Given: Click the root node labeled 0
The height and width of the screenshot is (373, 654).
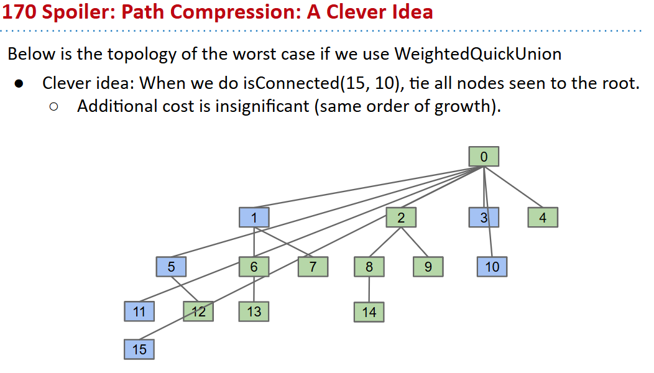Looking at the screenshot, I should pyautogui.click(x=484, y=156).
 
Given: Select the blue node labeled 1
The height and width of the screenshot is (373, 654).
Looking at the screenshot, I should pyautogui.click(x=254, y=217).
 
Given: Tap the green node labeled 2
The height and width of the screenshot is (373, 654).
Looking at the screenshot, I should pyautogui.click(x=401, y=217).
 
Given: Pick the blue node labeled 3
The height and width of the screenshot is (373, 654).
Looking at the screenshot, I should pyautogui.click(x=484, y=217).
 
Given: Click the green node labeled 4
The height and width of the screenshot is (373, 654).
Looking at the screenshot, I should pyautogui.click(x=543, y=217).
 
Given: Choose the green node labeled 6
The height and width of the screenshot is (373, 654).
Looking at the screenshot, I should pyautogui.click(x=254, y=267).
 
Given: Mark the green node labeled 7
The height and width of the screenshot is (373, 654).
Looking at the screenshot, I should pyautogui.click(x=313, y=267).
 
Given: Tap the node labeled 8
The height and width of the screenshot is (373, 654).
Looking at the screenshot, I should pyautogui.click(x=369, y=267).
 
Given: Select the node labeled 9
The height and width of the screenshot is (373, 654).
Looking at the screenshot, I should pyautogui.click(x=428, y=267).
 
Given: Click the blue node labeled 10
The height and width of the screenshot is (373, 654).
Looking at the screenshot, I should pyautogui.click(x=492, y=267).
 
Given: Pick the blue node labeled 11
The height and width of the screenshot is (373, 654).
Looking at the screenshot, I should pyautogui.click(x=139, y=311).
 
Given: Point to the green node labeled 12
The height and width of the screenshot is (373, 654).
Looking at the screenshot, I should pyautogui.click(x=198, y=311).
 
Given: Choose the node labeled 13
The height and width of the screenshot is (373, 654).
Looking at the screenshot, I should pyautogui.click(x=254, y=311).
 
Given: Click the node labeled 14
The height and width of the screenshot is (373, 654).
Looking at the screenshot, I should pyautogui.click(x=369, y=311).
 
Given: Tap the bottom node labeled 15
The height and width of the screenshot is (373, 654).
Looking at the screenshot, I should pyautogui.click(x=139, y=349).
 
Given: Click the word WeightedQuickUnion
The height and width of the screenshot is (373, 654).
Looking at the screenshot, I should pyautogui.click(x=477, y=54).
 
